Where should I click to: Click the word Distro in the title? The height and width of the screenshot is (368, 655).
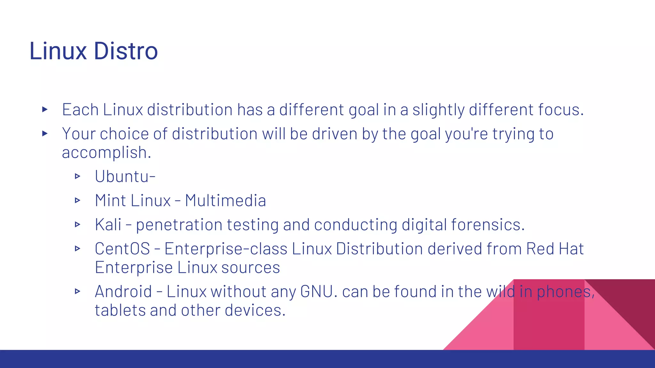[x=126, y=51]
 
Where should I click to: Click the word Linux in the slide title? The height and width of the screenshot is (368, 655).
[x=58, y=51]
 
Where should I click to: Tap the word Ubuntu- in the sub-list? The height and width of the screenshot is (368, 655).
[x=125, y=176]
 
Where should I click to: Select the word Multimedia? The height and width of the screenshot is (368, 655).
[x=225, y=201]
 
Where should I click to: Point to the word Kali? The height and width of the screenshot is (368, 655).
[x=108, y=225]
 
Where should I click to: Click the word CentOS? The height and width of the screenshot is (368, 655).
[x=122, y=249]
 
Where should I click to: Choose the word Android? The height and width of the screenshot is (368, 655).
[x=123, y=292]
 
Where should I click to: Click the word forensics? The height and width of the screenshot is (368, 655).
[x=488, y=225]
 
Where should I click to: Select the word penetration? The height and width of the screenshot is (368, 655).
[x=179, y=225]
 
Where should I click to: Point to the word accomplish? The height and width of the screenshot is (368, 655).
[x=106, y=153]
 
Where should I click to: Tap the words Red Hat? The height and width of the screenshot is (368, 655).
[x=555, y=249]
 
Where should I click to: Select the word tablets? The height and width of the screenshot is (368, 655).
[x=120, y=310]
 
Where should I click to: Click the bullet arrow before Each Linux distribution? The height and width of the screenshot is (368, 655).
[x=45, y=110]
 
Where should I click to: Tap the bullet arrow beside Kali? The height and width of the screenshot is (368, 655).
[x=77, y=225]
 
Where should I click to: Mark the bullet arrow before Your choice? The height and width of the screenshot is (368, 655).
[x=45, y=134]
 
